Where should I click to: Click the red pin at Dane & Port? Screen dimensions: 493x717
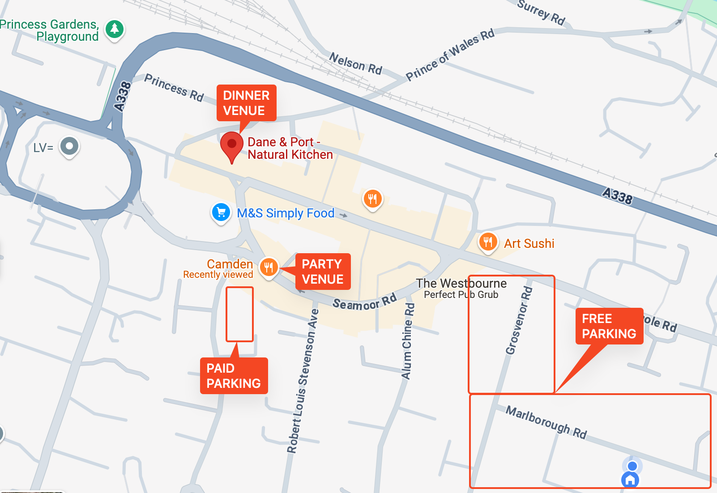(x=232, y=144)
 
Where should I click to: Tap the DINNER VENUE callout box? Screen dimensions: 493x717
(x=246, y=103)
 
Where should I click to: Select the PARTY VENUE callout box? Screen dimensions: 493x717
(x=323, y=272)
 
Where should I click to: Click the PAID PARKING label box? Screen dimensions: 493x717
(x=234, y=376)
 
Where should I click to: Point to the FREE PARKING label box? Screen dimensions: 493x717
(x=609, y=326)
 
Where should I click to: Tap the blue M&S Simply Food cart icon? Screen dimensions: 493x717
(x=221, y=212)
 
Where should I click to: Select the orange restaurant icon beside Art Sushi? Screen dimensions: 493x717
(x=488, y=242)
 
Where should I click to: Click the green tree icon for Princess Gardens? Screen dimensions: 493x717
(x=115, y=29)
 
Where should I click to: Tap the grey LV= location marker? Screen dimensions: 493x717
(x=69, y=146)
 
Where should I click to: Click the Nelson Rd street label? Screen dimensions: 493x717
(x=356, y=64)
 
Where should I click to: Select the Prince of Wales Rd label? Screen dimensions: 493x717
(x=450, y=55)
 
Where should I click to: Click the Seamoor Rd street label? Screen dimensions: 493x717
(x=364, y=302)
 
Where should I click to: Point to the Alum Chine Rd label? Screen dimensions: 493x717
(x=408, y=341)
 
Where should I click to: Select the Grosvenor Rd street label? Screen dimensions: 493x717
(x=519, y=320)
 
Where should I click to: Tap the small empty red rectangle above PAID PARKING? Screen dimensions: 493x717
(x=239, y=314)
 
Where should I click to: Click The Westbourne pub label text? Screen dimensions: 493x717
(x=461, y=284)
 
